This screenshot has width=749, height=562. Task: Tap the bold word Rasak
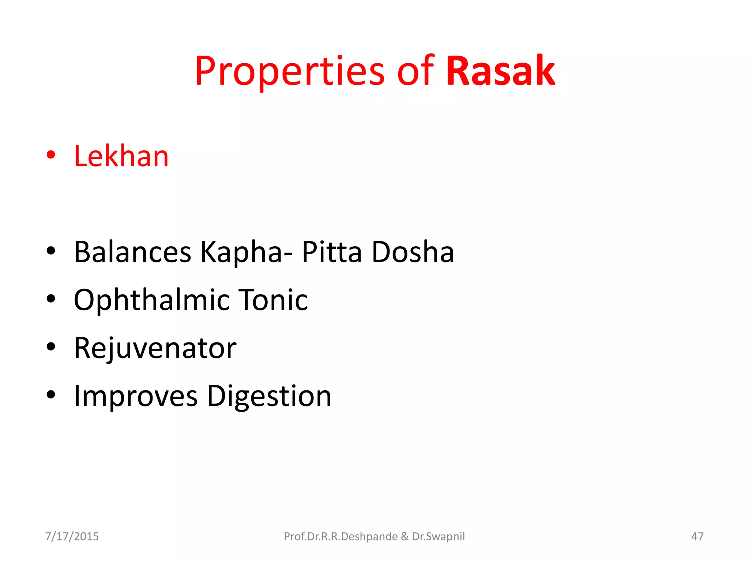tap(501, 71)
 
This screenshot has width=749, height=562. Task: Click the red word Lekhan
tap(121, 156)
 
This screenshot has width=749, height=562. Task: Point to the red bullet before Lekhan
tap(51, 155)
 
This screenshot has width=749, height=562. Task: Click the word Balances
tap(132, 252)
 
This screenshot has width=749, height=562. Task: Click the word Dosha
tap(413, 252)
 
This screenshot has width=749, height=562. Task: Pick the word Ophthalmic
tap(151, 300)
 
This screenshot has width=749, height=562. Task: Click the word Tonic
tap(273, 300)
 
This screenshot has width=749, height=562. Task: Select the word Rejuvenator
tap(155, 348)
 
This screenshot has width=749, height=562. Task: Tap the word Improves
tap(136, 396)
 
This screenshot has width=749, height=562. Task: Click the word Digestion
tap(269, 396)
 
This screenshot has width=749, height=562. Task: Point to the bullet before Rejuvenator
tap(51, 346)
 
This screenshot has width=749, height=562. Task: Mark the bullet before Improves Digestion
tap(51, 394)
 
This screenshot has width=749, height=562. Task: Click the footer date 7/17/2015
tap(72, 536)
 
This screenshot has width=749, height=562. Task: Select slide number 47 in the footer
tap(697, 536)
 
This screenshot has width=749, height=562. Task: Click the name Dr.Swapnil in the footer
tap(439, 536)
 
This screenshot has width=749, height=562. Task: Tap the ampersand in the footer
tap(404, 536)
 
